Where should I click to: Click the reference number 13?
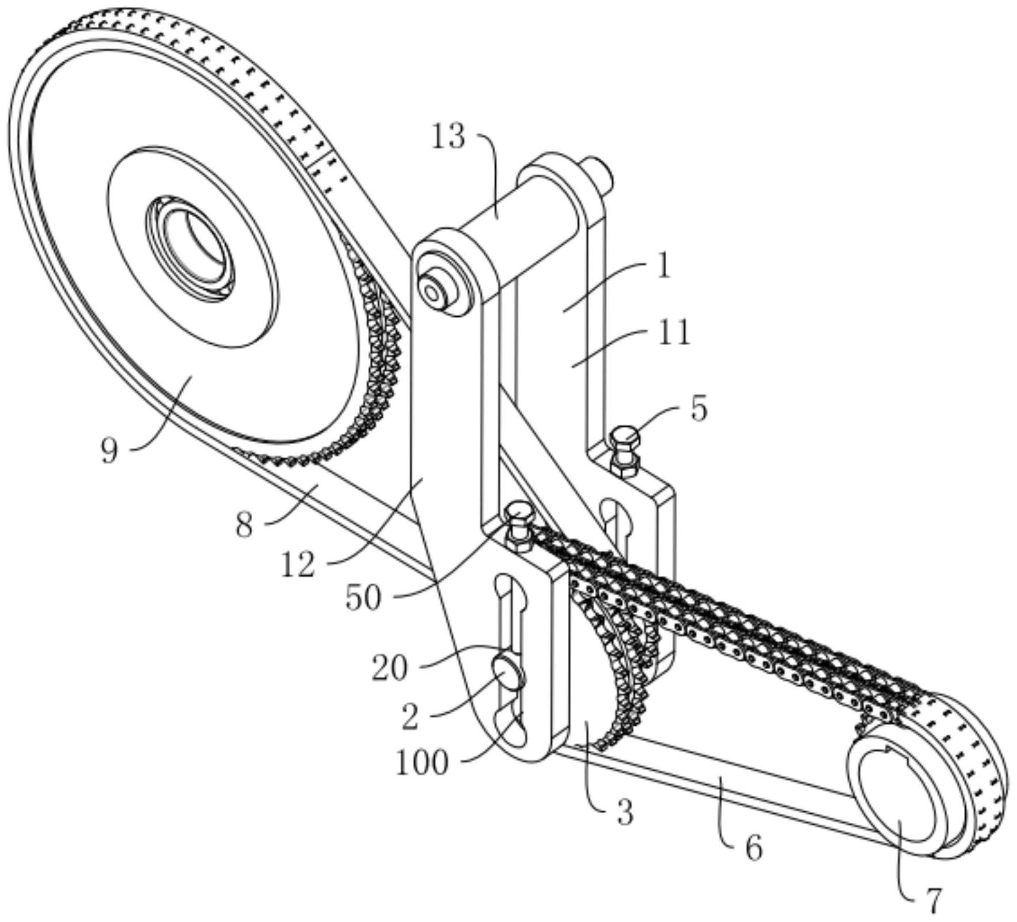click(x=448, y=137)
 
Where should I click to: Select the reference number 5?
click(x=699, y=409)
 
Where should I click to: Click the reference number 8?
click(x=244, y=525)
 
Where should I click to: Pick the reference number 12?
click(x=298, y=565)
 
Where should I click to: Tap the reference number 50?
click(x=363, y=598)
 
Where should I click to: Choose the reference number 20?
click(x=389, y=668)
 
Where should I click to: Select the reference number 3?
click(x=625, y=813)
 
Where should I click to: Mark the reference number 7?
click(x=932, y=902)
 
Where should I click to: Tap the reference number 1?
click(x=665, y=267)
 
